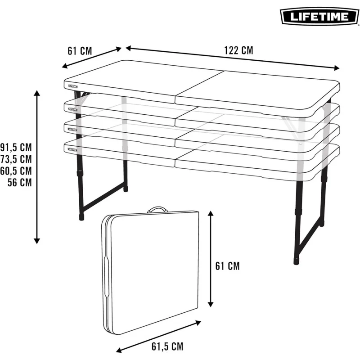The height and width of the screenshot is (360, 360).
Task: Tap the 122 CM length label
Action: (238, 50)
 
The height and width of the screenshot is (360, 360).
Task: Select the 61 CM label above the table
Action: (80, 50)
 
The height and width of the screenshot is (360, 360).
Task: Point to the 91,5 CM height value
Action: (17, 147)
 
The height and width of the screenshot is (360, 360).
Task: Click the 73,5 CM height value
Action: (17, 159)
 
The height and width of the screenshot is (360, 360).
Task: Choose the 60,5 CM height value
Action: (17, 171)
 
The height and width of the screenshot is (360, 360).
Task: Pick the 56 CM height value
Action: (20, 182)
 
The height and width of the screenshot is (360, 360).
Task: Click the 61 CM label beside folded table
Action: (227, 266)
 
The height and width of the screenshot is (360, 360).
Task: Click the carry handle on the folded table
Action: (156, 210)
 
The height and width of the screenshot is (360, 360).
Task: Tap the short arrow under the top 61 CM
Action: (92, 58)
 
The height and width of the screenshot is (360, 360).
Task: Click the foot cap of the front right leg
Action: (297, 260)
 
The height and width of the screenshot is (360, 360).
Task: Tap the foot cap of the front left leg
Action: (81, 216)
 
